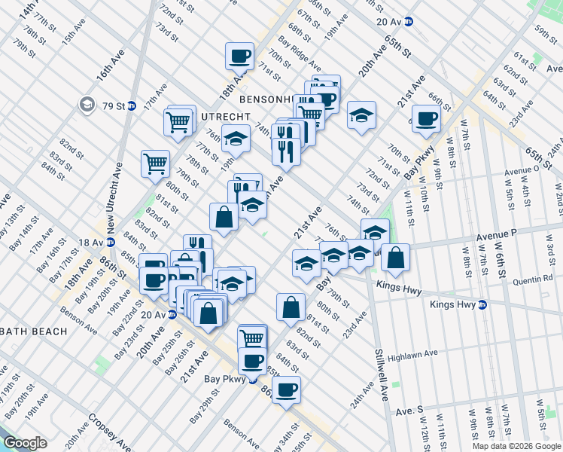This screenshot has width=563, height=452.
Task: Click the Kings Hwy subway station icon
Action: coord(483,305)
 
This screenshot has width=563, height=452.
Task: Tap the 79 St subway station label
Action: coord(114,105)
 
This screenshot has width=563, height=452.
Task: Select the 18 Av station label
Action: coord(90,242)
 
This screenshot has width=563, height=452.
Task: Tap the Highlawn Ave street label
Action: coord(413,353)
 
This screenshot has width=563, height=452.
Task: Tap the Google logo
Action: coord(26,443)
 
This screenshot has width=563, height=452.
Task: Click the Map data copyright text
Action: coord(516,446)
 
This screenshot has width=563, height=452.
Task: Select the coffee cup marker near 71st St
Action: coord(240,56)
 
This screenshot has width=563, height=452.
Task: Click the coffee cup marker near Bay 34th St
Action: coord(286,391)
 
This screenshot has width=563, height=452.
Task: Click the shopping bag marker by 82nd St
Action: coord(291,307)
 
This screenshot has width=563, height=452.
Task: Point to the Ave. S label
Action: coord(409,411)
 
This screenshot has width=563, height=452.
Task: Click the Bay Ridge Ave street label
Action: coord(295,53)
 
